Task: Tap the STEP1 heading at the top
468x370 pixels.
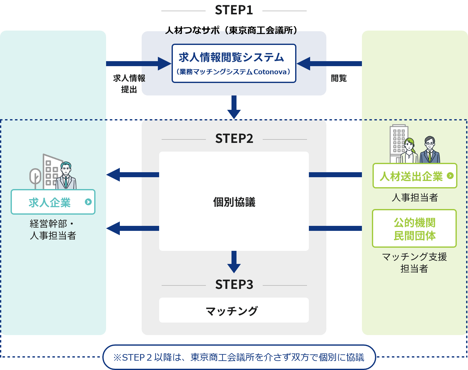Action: [x=234, y=10]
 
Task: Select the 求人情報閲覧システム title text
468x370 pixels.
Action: [x=231, y=57]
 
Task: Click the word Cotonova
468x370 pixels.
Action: [x=270, y=72]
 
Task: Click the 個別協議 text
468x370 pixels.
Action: [x=234, y=202]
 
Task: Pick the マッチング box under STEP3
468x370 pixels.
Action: [x=234, y=310]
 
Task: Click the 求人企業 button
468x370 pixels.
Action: [x=53, y=202]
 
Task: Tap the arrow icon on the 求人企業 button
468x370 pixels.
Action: [x=88, y=202]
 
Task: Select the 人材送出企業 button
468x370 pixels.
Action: [x=414, y=176]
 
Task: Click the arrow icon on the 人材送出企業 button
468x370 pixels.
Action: [x=450, y=176]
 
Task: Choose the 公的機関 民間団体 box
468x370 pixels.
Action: [x=414, y=229]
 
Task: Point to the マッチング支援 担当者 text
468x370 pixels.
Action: [x=414, y=262]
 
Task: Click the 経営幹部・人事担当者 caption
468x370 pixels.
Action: [x=53, y=229]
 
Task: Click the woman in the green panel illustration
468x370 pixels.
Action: [x=409, y=151]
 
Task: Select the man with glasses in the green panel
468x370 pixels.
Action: [x=430, y=150]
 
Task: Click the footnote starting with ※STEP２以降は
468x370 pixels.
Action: [x=239, y=357]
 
